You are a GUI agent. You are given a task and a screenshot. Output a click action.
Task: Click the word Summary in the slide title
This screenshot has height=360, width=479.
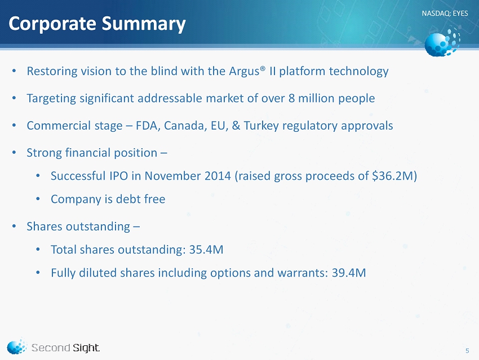pos(143,24)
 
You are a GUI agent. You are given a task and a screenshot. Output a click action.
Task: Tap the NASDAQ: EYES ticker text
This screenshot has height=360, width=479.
pos(445,13)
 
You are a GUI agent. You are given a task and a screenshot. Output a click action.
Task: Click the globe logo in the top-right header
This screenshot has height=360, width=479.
pos(442,43)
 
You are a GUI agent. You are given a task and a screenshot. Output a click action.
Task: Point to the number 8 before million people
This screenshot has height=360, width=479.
pos(291,99)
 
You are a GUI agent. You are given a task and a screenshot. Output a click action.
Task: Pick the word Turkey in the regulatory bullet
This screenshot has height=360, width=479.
pos(261,126)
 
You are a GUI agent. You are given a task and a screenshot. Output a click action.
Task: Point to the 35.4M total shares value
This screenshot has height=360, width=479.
pos(206,250)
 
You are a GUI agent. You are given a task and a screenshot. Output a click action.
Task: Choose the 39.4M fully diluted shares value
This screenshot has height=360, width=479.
pos(349,273)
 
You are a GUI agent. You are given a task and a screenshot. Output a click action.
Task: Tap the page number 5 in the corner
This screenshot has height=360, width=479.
pos(467,351)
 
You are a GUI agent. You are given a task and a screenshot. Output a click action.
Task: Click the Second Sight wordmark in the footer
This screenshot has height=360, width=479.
pos(65,348)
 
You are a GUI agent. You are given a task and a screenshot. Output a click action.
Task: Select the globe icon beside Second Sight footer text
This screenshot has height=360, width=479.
pos(16,346)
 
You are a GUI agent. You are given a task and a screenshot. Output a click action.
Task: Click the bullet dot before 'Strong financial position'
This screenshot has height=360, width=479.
pos(14,153)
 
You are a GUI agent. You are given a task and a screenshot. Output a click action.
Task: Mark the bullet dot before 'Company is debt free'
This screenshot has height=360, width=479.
pos(38,199)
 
